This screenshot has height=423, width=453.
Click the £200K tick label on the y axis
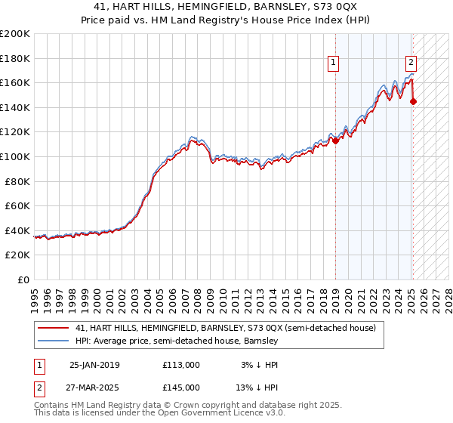point(15,34)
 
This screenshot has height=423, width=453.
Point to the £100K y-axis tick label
point(15,156)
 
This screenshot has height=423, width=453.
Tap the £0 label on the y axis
point(23,279)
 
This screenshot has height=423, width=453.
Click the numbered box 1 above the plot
point(333,63)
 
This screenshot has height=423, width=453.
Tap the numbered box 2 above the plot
point(411,63)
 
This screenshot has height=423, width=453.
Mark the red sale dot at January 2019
point(335,140)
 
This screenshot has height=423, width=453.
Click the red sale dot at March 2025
point(413,101)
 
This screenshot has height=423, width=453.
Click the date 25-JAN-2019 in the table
point(94,365)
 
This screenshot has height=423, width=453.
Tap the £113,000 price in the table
point(180,365)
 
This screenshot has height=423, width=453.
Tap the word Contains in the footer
point(53,404)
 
